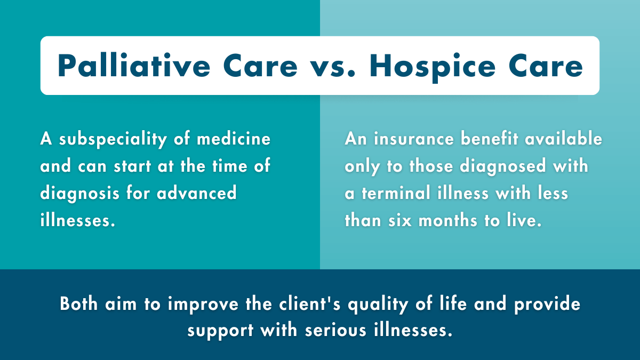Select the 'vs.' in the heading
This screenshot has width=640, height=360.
pyautogui.click(x=333, y=66)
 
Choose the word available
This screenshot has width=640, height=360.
pyautogui.click(x=566, y=139)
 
